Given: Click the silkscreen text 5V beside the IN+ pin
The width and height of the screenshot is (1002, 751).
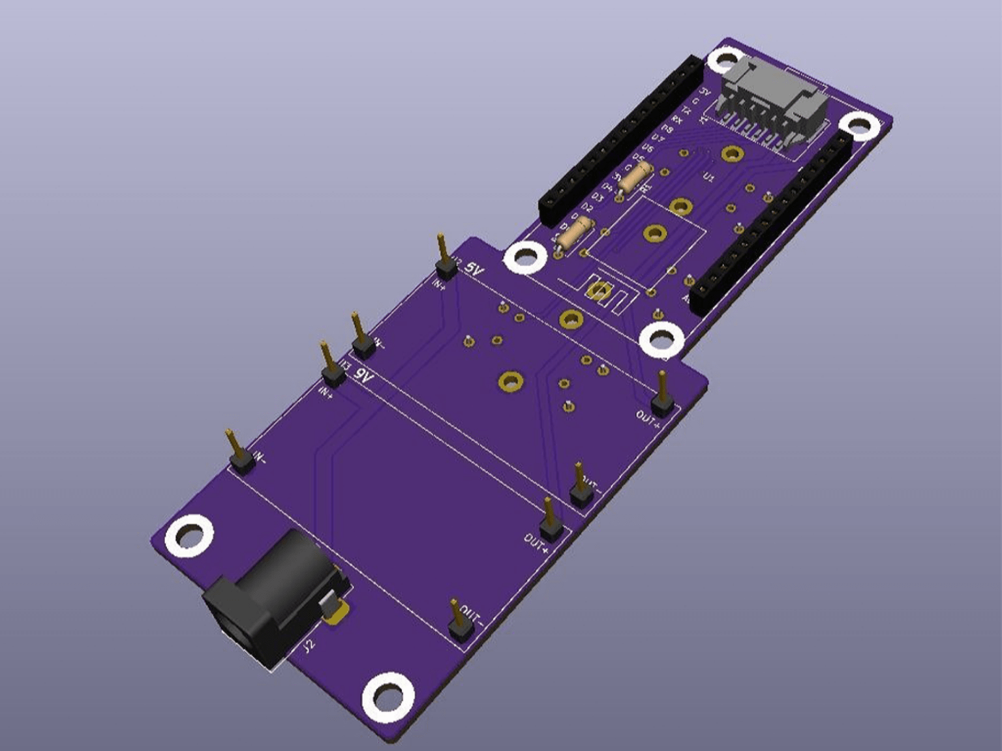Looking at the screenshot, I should point(473,269).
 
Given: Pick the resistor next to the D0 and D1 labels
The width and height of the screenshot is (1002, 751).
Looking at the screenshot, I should point(575,233).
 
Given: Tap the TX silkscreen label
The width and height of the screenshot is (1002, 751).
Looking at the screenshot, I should point(686,110).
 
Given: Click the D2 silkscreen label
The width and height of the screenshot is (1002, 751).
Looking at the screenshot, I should point(586,208).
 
